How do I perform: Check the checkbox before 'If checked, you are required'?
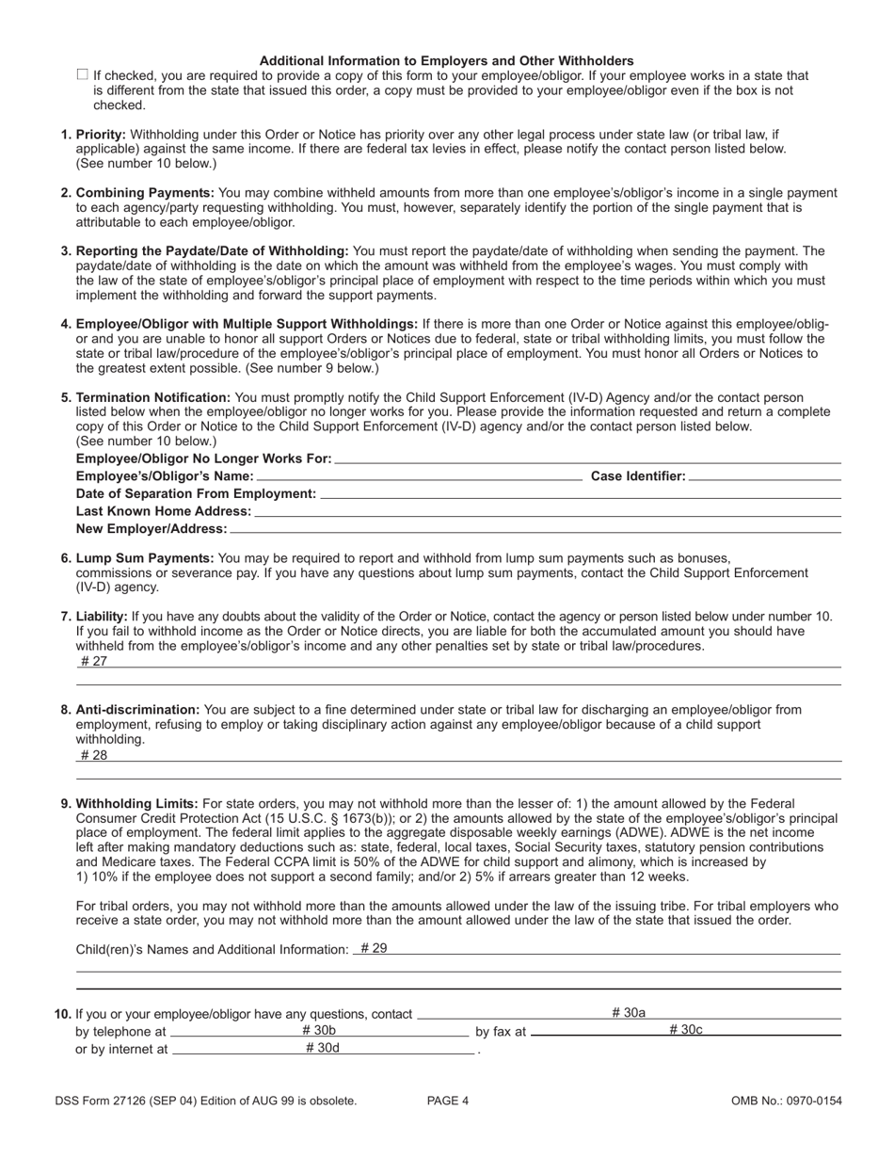click(x=82, y=74)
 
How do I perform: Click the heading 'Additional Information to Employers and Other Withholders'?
click(x=446, y=60)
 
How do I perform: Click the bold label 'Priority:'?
click(x=101, y=135)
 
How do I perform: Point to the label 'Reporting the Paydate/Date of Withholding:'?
click(x=212, y=251)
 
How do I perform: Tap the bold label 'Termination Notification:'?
click(x=152, y=398)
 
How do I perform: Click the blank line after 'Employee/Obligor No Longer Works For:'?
click(x=587, y=458)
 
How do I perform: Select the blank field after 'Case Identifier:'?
click(x=764, y=476)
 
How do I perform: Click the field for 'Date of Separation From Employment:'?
click(x=580, y=493)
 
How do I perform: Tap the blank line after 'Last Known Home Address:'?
click(x=548, y=511)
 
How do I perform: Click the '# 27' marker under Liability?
click(x=94, y=662)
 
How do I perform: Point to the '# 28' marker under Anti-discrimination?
click(x=94, y=756)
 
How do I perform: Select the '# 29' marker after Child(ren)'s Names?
click(x=374, y=948)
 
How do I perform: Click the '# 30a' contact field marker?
click(x=629, y=1013)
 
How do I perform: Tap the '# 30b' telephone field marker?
click(x=319, y=1030)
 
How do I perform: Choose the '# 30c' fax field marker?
click(x=686, y=1030)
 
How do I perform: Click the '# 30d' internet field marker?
click(x=323, y=1048)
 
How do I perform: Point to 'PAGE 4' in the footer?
click(x=447, y=1101)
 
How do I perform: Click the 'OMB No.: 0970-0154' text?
click(x=786, y=1101)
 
